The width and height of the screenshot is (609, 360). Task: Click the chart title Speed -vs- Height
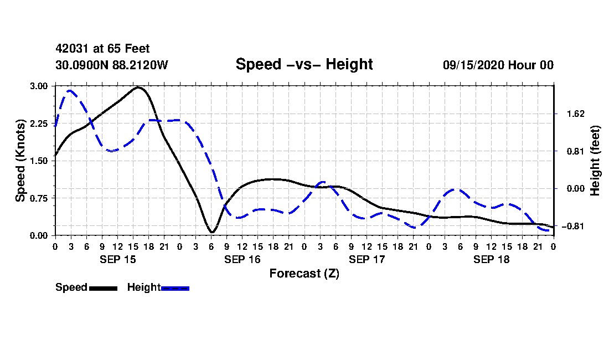(304, 64)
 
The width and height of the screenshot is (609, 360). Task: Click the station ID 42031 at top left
(73, 49)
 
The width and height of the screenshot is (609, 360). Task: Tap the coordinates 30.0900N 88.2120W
(111, 65)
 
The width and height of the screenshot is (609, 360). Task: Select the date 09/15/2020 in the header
(473, 65)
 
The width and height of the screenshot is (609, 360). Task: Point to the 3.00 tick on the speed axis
(38, 86)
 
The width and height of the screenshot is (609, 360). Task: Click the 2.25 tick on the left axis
(38, 124)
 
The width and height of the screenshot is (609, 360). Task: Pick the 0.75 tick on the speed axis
(38, 198)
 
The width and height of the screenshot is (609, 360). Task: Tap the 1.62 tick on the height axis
(576, 114)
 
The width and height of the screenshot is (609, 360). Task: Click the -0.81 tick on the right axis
(573, 226)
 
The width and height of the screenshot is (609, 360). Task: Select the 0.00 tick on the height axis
(576, 189)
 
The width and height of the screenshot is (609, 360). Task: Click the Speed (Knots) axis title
(20, 161)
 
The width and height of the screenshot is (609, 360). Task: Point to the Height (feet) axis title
(595, 161)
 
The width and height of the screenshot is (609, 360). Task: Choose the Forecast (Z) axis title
(304, 274)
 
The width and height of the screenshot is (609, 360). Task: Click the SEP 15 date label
(118, 259)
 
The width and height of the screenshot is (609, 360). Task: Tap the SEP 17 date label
(367, 259)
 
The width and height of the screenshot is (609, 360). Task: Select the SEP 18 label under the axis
(491, 259)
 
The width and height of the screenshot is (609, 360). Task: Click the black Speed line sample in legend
(103, 288)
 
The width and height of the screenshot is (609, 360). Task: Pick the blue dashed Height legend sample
(175, 288)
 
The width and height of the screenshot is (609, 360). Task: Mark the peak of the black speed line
(138, 88)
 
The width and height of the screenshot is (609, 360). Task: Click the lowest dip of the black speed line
(212, 232)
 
